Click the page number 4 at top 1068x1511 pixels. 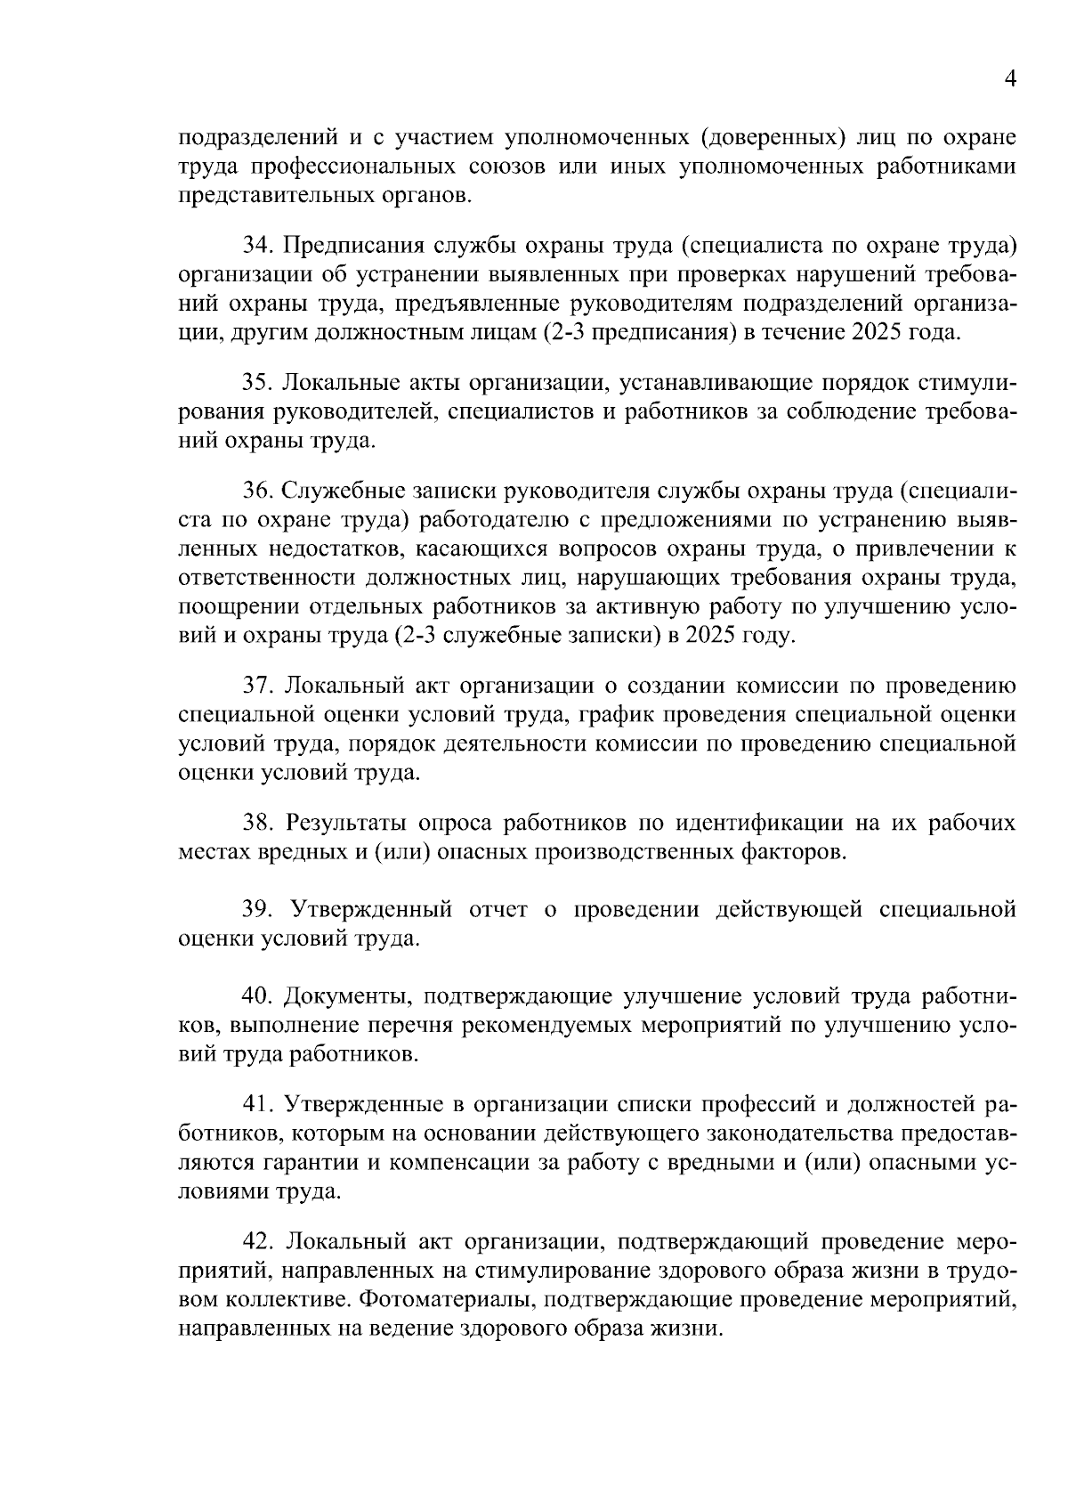[x=1009, y=79]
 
